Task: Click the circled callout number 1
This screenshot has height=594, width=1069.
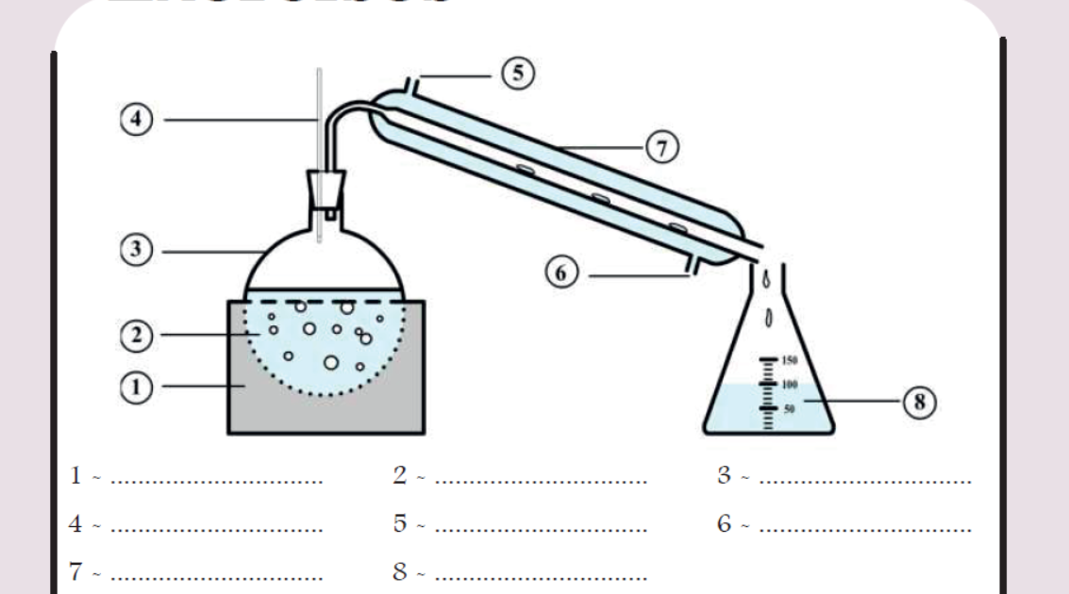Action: (134, 385)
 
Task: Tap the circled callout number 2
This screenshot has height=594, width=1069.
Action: (134, 335)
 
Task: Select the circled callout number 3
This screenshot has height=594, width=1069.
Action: (134, 252)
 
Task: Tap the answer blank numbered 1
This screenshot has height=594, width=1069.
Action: (216, 479)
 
